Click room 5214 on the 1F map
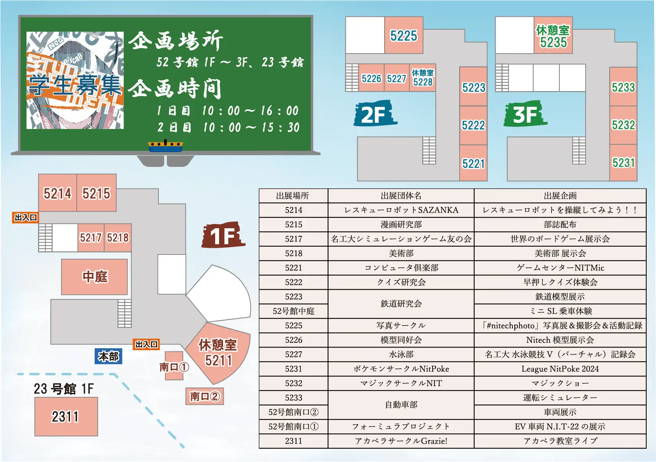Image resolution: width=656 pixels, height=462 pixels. point(58,193)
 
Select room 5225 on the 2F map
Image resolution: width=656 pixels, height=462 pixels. point(404,36)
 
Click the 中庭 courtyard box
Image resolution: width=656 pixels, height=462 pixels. point(95,277)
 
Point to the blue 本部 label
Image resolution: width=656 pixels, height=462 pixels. point(108,356)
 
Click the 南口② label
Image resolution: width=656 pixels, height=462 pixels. point(205,396)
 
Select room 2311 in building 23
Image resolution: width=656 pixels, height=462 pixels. point(66,417)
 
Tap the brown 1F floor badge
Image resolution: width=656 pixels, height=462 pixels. point(223,236)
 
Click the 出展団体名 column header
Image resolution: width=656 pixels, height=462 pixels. point(401,196)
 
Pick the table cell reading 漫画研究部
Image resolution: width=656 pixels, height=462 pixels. point(401,225)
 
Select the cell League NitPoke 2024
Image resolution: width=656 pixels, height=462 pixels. point(560,369)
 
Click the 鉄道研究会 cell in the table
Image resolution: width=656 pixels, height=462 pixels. point(401,304)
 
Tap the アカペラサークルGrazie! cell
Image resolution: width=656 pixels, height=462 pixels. point(401,441)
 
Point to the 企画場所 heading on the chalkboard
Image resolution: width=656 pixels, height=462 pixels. point(176,41)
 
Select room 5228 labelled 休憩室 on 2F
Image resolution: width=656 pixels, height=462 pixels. point(422,78)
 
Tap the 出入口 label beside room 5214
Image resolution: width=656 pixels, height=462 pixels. point(26,217)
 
